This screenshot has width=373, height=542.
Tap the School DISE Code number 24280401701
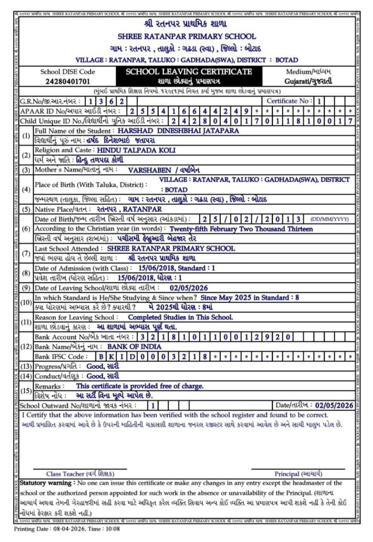coord(68,82)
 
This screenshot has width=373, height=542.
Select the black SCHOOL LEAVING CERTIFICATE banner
coord(189,71)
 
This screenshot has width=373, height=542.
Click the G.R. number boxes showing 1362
coord(106,101)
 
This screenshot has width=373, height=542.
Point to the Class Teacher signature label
coord(79,474)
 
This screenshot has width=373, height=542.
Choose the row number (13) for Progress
coord(25,366)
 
